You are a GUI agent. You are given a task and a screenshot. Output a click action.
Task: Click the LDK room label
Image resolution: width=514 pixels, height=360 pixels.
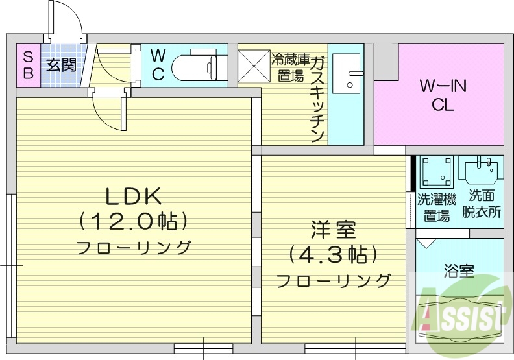coord(134,195)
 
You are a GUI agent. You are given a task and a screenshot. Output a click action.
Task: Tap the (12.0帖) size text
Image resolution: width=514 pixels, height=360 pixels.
coord(134,221)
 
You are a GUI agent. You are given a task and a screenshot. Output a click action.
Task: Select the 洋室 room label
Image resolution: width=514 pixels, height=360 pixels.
coord(333,230)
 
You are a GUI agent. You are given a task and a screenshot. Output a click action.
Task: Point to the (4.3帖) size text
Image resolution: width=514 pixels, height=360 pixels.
coord(333,254)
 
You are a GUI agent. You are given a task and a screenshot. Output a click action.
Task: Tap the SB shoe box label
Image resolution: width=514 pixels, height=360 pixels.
coord(28,65)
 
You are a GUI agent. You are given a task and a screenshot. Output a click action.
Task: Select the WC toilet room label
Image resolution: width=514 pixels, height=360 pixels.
coord(158,64)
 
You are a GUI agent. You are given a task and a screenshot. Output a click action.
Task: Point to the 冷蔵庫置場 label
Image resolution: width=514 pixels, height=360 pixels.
coord(290,67)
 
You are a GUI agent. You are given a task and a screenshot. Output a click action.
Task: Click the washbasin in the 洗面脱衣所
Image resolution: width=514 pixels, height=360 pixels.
coord(481,169)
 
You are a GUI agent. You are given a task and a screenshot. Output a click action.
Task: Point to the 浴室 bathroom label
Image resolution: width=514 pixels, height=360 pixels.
coord(459,270)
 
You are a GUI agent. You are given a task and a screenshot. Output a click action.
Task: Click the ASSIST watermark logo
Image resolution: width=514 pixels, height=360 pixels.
coord(461,314)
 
